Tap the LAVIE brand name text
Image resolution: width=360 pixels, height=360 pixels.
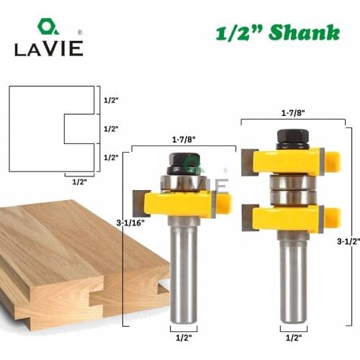pos(48,48)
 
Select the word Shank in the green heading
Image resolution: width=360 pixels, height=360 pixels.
pos(305,32)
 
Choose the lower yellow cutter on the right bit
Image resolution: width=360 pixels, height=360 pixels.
pos(292,219)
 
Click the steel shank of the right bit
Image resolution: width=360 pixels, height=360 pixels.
pos(292,281)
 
